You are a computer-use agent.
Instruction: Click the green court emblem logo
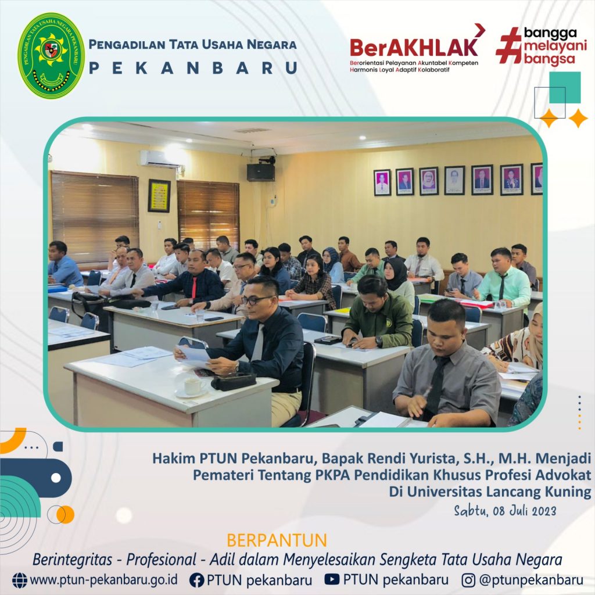(x=52, y=56)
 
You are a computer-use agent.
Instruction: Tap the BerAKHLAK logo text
(x=414, y=47)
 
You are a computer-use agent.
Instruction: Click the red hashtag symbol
(x=509, y=45)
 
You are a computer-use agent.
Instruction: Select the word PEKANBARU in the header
(x=193, y=69)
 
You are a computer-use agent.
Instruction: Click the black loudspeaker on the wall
(x=261, y=172)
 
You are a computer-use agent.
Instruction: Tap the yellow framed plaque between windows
(x=159, y=196)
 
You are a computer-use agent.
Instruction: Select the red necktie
(x=194, y=288)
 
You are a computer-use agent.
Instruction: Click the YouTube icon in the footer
(x=332, y=579)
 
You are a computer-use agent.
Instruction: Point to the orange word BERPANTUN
(x=277, y=540)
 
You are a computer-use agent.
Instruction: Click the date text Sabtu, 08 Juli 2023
(x=505, y=511)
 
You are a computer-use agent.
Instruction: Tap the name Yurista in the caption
(x=421, y=459)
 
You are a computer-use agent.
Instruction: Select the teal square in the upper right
(x=565, y=87)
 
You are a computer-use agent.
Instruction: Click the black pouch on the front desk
(x=234, y=381)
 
